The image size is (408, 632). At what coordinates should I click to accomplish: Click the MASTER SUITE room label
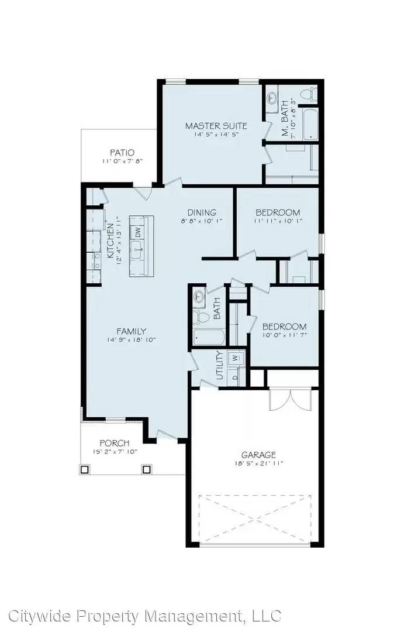pos(216,126)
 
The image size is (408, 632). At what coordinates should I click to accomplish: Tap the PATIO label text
pos(122,153)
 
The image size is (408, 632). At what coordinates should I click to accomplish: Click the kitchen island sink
pos(138,253)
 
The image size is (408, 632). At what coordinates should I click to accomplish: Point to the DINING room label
pos(202,212)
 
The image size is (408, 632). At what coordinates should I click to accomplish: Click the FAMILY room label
pos(131,331)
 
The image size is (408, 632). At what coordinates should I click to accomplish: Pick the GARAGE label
pos(258,454)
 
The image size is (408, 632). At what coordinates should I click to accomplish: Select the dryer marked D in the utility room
pos(236,377)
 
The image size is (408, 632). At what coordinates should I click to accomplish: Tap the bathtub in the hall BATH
pos(209,338)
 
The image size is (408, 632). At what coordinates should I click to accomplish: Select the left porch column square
pos(85,469)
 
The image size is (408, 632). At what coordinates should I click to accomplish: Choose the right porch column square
pos(147,469)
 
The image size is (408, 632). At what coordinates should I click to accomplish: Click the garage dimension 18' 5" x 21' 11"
pos(258,463)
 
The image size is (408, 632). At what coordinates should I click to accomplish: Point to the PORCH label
pos(114,443)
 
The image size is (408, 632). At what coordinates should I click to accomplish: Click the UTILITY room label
pos(219,366)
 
